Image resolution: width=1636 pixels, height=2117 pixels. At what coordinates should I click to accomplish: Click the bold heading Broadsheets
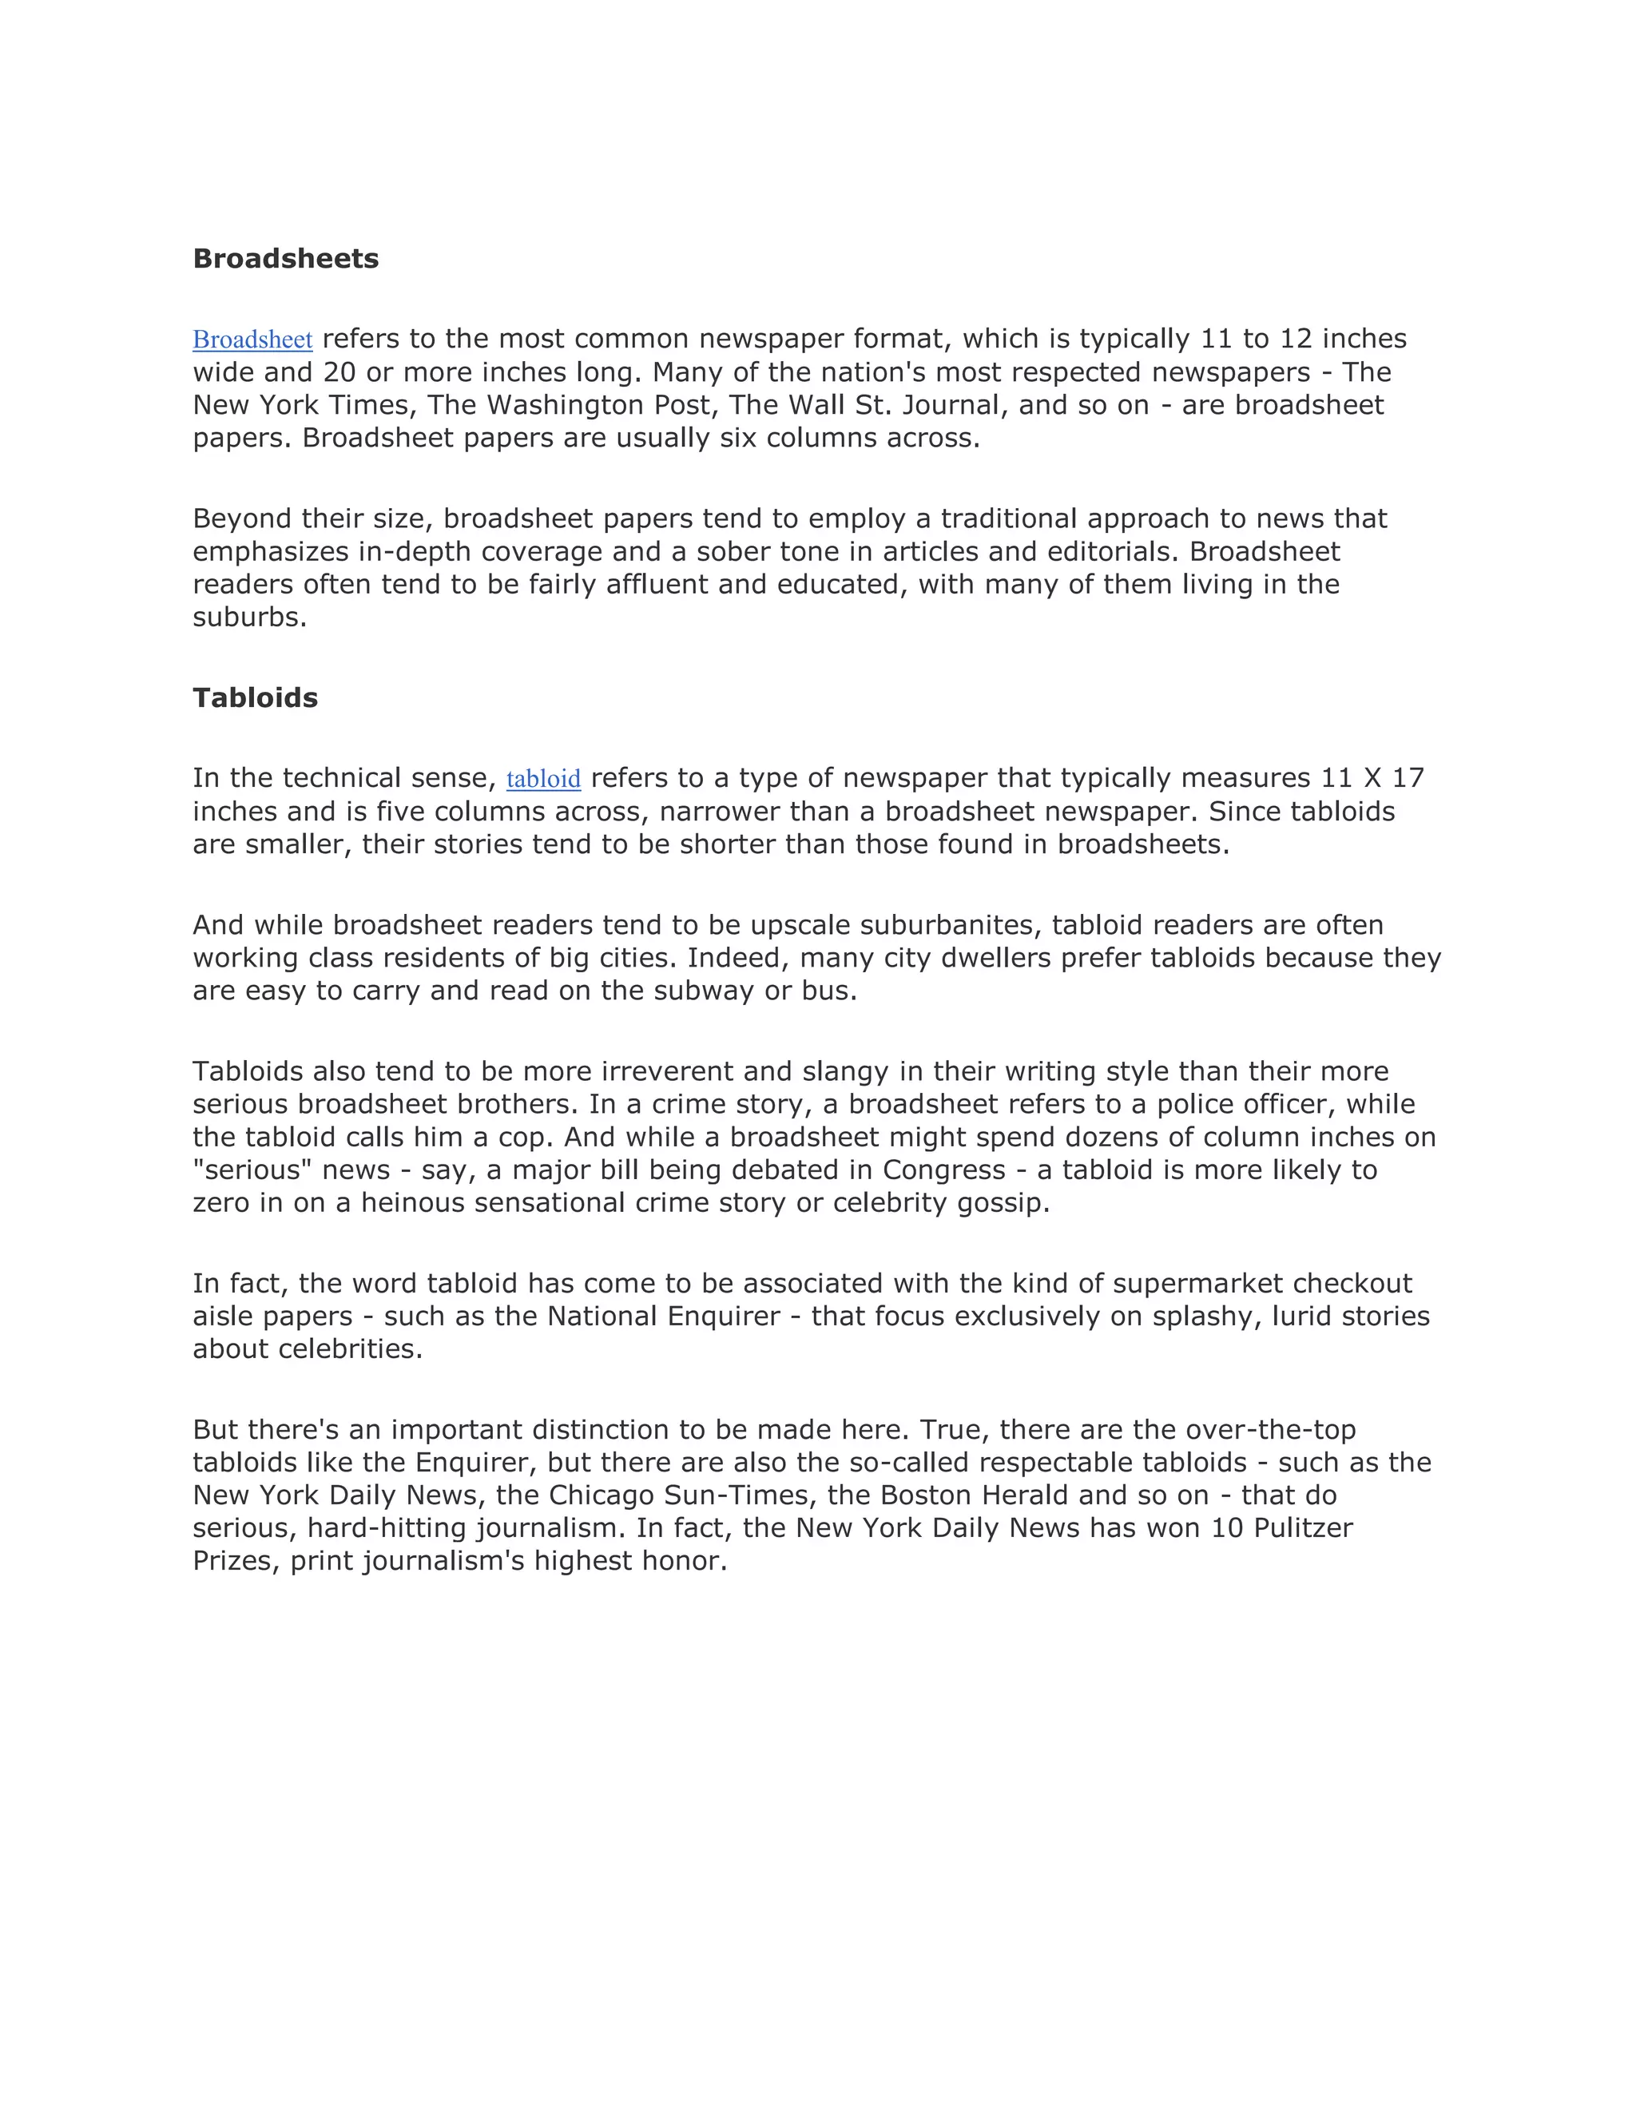click(x=285, y=259)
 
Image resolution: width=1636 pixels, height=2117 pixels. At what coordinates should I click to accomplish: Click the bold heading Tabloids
click(x=255, y=698)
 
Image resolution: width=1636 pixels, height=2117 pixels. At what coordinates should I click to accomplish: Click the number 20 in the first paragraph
click(x=340, y=372)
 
